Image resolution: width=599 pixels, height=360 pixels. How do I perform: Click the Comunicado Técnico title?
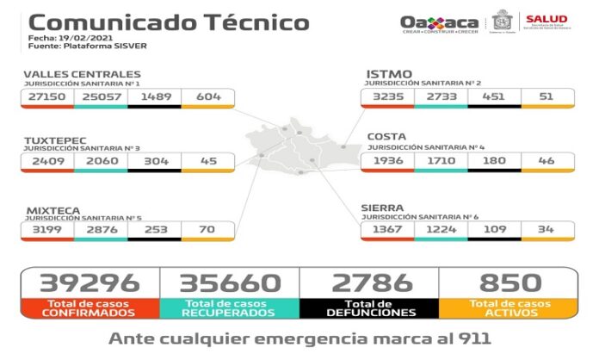click(x=169, y=22)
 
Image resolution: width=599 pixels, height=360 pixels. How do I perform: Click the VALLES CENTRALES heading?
click(x=82, y=74)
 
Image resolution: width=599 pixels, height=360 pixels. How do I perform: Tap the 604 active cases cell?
click(x=207, y=98)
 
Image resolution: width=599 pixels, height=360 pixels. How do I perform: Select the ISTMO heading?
click(x=388, y=74)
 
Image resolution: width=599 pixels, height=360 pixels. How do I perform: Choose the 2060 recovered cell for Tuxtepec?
click(x=101, y=161)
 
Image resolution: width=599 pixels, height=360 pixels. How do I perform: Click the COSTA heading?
click(x=388, y=136)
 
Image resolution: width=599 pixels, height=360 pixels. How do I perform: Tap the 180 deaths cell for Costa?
click(x=493, y=161)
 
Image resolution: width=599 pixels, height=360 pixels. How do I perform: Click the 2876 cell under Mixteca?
click(x=101, y=230)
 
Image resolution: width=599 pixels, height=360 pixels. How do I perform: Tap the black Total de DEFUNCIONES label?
click(x=369, y=307)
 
